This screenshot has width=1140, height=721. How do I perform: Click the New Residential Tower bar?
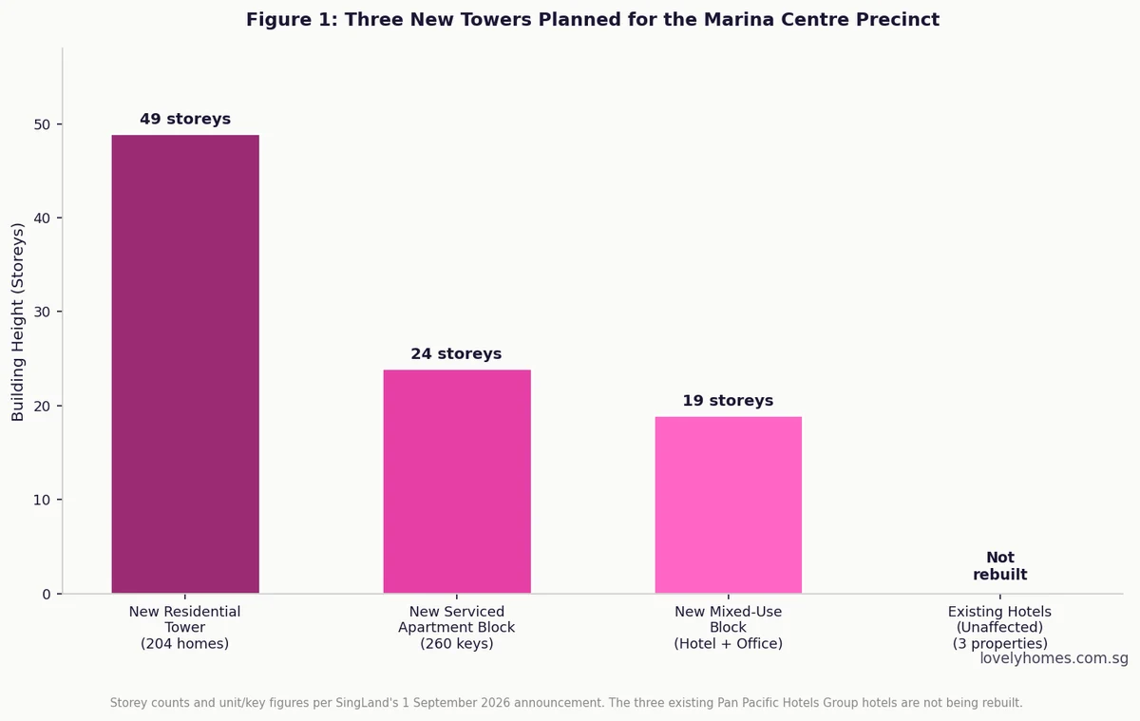tap(185, 364)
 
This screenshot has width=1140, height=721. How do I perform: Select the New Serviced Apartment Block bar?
tap(457, 482)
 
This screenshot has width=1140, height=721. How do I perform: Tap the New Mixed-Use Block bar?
tap(729, 504)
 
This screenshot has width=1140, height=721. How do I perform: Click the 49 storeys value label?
tap(185, 119)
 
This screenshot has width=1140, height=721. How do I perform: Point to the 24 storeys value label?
tap(457, 353)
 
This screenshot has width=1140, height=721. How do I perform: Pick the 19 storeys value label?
tap(728, 401)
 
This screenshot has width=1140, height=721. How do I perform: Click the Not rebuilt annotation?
tap(1000, 566)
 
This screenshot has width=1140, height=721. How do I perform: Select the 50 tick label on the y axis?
tap(42, 124)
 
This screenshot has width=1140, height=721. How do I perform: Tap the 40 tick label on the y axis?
tap(42, 218)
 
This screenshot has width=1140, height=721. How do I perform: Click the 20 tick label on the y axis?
tap(42, 406)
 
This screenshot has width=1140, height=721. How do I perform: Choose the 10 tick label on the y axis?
tap(42, 500)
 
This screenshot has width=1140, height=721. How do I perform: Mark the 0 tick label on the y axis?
tap(47, 594)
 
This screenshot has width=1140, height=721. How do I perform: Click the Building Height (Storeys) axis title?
tap(18, 322)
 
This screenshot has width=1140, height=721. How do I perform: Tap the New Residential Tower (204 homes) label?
tap(184, 627)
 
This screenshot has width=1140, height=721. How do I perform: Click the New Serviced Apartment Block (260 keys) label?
tap(457, 627)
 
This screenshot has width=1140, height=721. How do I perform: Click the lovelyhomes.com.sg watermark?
tap(1054, 658)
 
